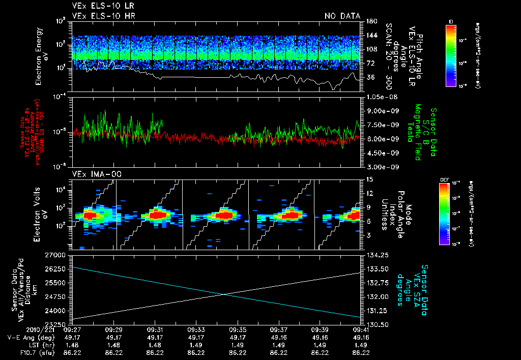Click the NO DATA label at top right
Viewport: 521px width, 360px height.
[x=342, y=16]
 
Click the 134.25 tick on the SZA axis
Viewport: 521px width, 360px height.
[x=377, y=254]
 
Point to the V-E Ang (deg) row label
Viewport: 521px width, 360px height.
[x=28, y=338]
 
